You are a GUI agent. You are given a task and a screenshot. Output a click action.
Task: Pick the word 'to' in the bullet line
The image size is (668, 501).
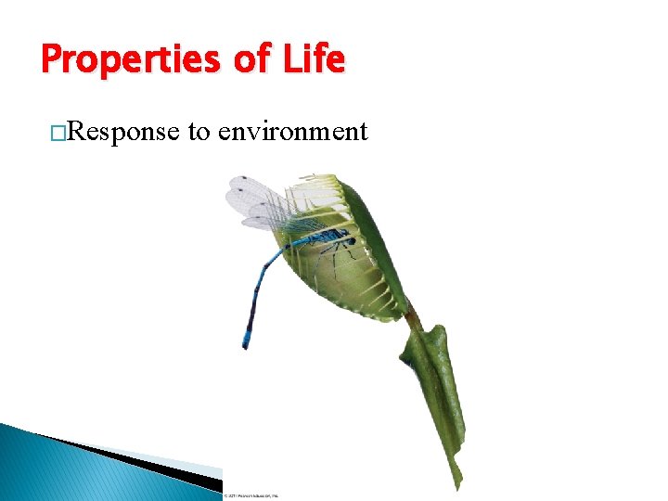(x=199, y=132)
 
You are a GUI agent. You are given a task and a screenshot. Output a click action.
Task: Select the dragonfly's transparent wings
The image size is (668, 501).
(x=264, y=204)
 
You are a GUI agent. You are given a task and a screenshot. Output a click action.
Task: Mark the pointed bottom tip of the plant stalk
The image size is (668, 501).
(x=458, y=486)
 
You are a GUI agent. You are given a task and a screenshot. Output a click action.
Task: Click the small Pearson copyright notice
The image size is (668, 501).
(x=250, y=495)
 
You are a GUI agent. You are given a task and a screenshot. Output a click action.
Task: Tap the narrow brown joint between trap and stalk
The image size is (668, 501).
(x=412, y=319)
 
